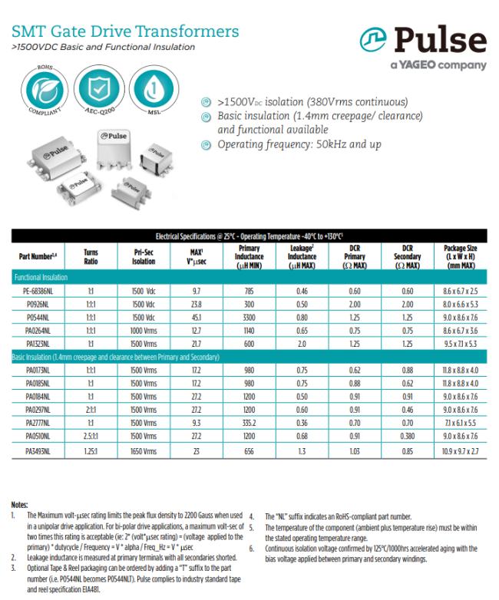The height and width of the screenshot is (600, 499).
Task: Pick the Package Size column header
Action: click(458, 255)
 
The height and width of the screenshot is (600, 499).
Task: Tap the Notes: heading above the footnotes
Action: click(20, 504)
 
